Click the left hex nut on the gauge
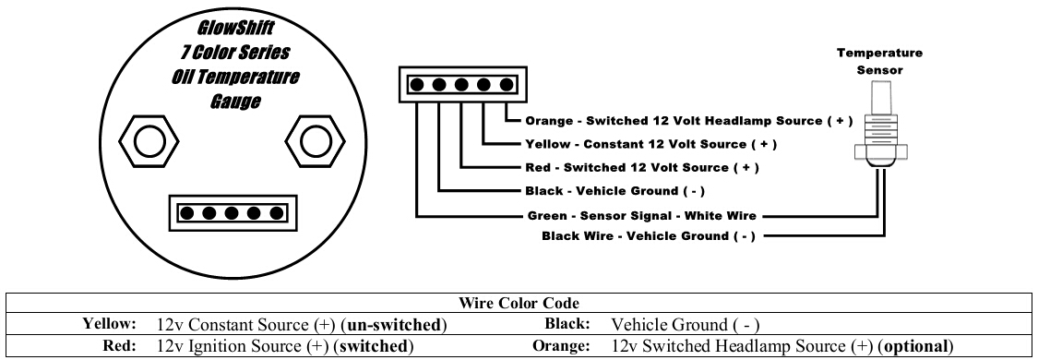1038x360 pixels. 149,141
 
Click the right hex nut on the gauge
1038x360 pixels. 316,141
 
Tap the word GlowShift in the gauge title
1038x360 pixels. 235,29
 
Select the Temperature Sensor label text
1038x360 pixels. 879,61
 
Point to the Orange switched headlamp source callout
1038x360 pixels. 688,121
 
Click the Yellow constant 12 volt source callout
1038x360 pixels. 650,144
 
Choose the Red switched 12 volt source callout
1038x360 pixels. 641,167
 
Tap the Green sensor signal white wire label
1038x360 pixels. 641,216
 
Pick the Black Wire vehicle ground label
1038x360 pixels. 648,236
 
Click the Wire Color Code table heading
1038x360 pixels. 519,303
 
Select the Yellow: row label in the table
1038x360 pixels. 109,324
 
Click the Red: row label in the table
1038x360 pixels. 120,346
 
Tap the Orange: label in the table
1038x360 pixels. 561,346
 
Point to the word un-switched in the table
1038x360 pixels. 393,325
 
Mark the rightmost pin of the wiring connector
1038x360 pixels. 507,85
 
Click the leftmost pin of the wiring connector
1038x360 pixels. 417,85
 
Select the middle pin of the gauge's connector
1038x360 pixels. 232,213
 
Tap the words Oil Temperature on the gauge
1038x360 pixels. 235,78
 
